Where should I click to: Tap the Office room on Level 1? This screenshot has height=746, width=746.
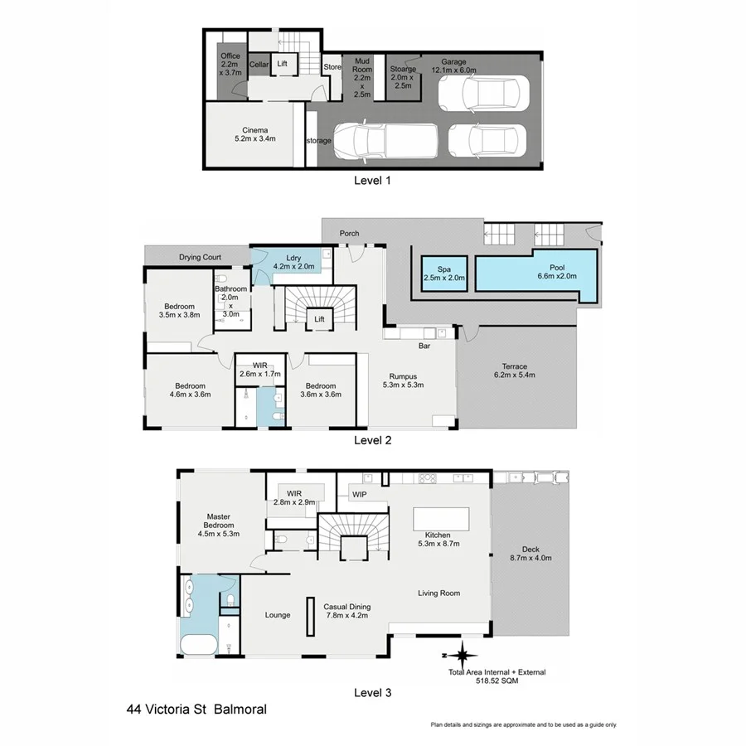tap(229, 63)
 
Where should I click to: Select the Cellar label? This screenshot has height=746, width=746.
tap(259, 64)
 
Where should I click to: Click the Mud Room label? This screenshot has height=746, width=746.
tap(361, 76)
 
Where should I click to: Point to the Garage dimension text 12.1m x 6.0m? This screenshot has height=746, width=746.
tap(453, 70)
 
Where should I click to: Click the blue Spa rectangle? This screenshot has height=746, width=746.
tap(444, 273)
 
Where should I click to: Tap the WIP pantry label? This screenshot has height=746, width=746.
tap(360, 496)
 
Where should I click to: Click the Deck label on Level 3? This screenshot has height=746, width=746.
tap(530, 553)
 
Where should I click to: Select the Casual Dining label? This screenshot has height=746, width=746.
tap(346, 610)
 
